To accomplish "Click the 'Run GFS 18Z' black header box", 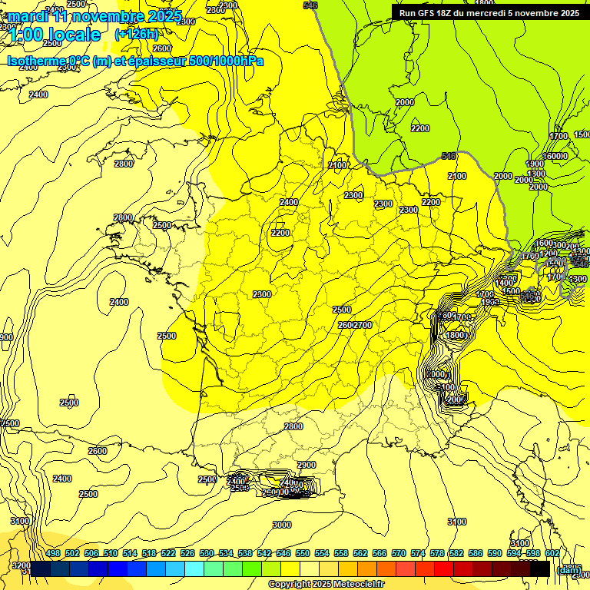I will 489,13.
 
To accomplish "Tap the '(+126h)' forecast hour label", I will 136,34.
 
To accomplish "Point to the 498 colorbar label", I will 53,553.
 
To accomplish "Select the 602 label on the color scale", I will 552,553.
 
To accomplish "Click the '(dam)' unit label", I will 568,569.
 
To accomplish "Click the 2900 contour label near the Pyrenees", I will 306,465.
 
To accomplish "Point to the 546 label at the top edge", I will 310,5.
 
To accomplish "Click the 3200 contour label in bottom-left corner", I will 22,565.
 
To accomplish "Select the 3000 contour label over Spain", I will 282,525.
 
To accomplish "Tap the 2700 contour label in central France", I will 363,325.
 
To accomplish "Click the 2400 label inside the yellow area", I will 289,202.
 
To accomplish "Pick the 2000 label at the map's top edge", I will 405,102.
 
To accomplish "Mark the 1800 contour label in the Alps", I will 456,336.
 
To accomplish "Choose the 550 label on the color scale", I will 303,553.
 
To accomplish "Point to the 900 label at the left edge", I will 5,337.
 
